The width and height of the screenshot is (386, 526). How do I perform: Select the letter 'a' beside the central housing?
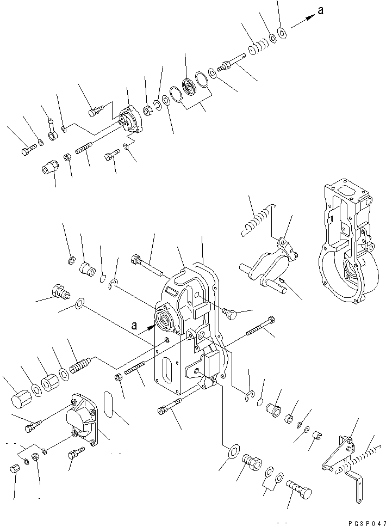click(134, 326)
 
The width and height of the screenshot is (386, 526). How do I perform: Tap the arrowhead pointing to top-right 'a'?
click(311, 19)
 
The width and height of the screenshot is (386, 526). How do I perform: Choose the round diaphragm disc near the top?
click(191, 88)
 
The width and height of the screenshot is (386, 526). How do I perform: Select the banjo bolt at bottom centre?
click(298, 484)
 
